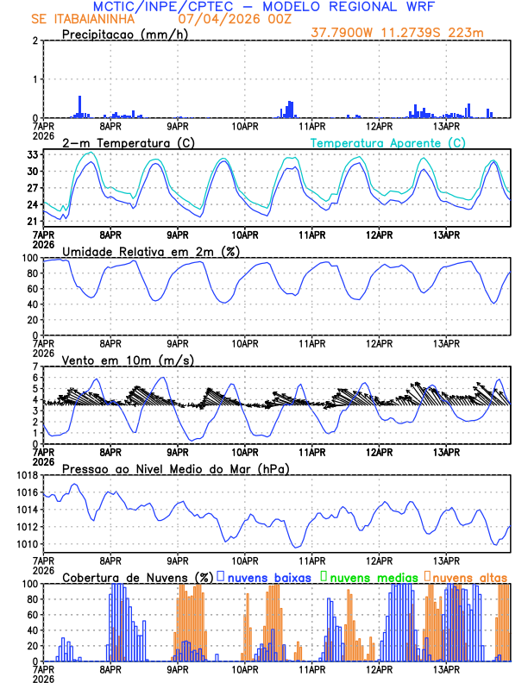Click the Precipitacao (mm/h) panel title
click(x=127, y=34)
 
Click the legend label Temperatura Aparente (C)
click(x=388, y=142)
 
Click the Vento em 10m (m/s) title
click(x=128, y=360)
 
